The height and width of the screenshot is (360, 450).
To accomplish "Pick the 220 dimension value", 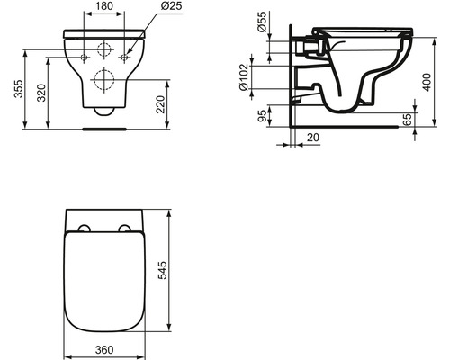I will [x=184, y=103].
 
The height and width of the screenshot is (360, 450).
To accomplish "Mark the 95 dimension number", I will [x=262, y=115].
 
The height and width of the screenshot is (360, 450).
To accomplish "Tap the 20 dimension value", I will [x=310, y=138].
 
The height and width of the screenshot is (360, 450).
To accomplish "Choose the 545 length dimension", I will [x=184, y=272].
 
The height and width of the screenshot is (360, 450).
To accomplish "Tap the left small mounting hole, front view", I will [x=85, y=58].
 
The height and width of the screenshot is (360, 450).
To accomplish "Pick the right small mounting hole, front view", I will [x=126, y=58].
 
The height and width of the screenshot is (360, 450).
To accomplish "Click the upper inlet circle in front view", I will [x=105, y=49].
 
